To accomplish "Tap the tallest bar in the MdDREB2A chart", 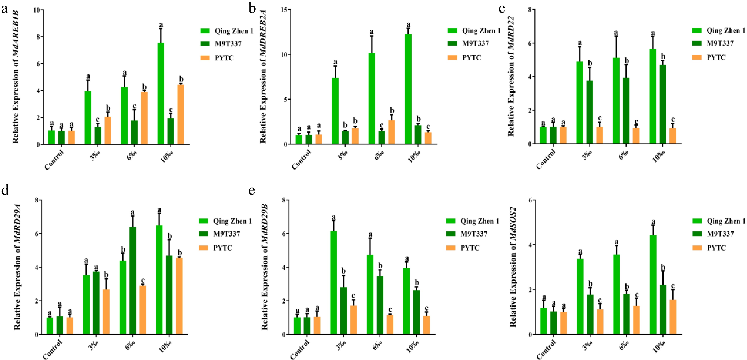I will point(408,89).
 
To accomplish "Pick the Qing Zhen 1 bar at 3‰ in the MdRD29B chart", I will point(334,283).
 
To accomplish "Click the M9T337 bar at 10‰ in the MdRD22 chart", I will point(663,104).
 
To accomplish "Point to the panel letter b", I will point(252,9).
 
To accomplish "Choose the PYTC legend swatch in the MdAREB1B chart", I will point(205,58).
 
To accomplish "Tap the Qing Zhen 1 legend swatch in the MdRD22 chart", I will point(697,31).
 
